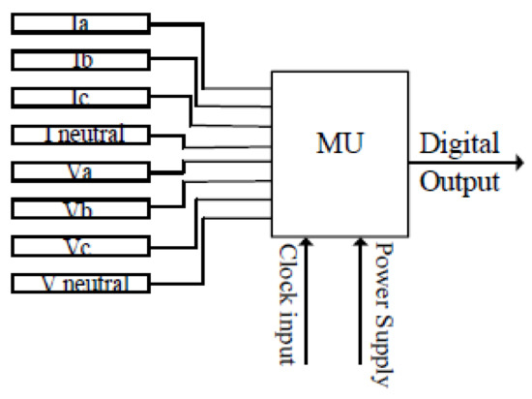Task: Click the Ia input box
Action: point(80,22)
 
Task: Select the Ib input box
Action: point(80,60)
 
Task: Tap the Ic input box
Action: point(80,97)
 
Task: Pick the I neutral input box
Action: point(80,135)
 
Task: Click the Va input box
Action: point(80,171)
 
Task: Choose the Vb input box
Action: point(80,209)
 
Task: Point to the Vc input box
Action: point(80,246)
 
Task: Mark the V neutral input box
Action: point(80,284)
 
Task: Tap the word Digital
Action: point(458,146)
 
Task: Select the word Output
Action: point(458,181)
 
